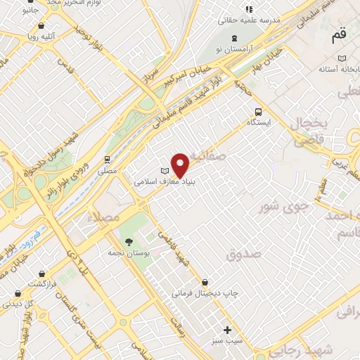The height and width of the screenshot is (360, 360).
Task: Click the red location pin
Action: tap(181, 165)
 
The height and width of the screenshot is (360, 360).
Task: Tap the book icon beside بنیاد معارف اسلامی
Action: tap(166, 172)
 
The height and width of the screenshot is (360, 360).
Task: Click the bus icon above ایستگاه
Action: tap(258, 111)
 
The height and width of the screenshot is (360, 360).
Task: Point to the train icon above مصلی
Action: tap(107, 160)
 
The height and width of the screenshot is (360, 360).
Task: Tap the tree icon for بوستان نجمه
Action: tap(127, 241)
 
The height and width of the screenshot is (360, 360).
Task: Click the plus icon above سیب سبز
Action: tap(227, 330)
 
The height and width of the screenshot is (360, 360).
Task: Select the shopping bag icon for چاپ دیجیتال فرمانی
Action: tap(204, 282)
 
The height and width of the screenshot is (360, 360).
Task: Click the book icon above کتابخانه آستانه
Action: tap(342, 58)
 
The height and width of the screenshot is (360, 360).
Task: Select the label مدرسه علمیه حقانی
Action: tap(267, 21)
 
